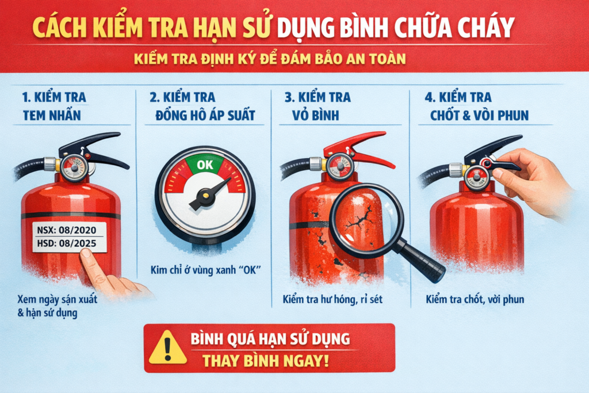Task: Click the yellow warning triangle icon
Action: [167, 348]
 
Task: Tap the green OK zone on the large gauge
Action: [205, 165]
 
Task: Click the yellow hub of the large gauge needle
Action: [205, 194]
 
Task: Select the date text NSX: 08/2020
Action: [67, 230]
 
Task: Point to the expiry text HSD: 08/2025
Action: [67, 243]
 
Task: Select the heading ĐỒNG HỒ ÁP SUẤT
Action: [205, 115]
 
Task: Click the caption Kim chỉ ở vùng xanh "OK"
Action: [205, 270]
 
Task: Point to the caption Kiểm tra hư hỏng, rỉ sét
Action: [333, 299]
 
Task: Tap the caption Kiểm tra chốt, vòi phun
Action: [475, 299]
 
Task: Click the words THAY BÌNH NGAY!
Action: [266, 361]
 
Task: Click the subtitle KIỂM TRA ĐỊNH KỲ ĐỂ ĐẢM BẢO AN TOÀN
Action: [270, 59]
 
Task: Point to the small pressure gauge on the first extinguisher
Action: [74, 168]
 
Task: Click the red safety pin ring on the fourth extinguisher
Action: [487, 163]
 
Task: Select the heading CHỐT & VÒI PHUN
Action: [479, 115]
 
